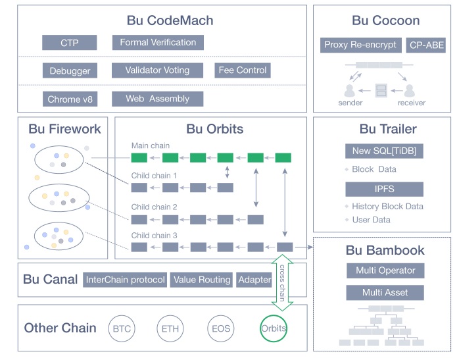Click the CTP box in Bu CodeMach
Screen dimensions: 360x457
70,43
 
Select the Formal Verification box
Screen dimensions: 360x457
158,43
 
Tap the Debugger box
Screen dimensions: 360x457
70,70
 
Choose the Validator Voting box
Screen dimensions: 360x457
158,70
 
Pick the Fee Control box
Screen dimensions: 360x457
243,70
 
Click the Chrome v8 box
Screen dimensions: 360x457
70,99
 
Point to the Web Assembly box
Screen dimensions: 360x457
158,99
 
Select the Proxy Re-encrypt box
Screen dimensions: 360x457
360,45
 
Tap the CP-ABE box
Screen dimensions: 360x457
425,45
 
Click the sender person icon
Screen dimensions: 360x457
350,91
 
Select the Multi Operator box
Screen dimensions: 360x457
385,270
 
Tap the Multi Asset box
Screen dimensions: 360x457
385,292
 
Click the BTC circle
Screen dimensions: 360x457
122,328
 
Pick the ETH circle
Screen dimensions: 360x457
170,328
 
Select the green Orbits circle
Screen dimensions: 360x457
274,328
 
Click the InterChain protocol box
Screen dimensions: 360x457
125,280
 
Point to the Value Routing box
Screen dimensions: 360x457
202,280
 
